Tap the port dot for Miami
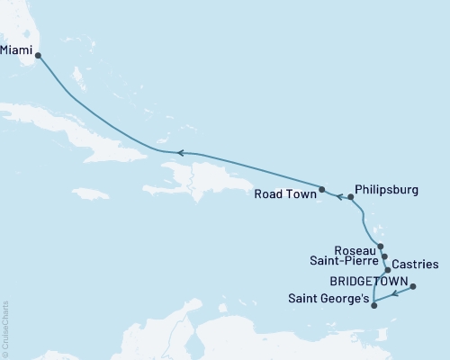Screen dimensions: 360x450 coord(38,55)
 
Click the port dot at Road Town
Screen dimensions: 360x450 coord(321,189)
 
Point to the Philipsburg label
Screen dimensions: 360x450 coord(388,191)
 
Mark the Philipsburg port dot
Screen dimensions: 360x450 coord(350,196)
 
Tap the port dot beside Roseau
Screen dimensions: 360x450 coord(381,247)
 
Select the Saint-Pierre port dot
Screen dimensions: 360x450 coord(384,256)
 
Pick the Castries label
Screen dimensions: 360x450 coord(416,265)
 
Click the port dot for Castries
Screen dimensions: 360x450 coord(388,270)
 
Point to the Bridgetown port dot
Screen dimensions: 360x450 coord(413,287)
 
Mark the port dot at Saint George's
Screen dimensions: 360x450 coord(373,305)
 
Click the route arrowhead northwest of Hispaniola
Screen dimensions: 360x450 coord(179,153)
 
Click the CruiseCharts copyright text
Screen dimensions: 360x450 coord(5,328)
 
